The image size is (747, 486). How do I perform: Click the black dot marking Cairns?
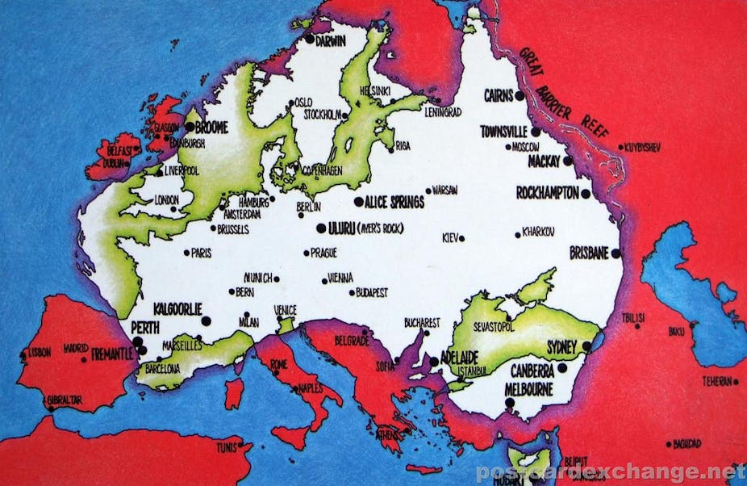click(520, 95)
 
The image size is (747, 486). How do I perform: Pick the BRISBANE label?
click(589, 253)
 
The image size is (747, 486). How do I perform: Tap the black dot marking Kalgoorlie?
click(206, 321)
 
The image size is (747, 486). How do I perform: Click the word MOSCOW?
click(526, 147)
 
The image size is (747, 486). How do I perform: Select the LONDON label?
click(166, 199)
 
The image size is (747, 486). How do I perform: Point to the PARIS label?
click(201, 253)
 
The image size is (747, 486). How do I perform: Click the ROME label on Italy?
click(279, 364)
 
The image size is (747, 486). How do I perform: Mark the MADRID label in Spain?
click(76, 349)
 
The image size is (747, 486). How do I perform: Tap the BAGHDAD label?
click(688, 444)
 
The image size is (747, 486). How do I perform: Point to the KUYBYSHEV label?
click(643, 148)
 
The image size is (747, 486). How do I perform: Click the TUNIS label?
click(226, 447)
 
